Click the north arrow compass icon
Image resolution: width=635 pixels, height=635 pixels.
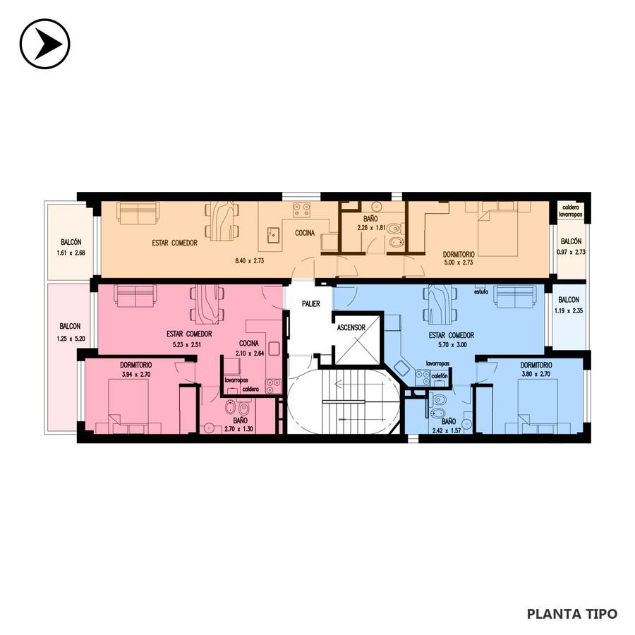[x=45, y=44]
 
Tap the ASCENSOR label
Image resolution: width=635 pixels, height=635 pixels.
[x=351, y=327]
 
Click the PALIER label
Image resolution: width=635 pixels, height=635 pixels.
[x=311, y=303]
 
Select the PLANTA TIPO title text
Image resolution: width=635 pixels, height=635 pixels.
[x=571, y=614]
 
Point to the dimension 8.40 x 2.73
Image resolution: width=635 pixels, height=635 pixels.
[x=250, y=261]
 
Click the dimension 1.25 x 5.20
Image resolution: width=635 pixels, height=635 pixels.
[x=71, y=339]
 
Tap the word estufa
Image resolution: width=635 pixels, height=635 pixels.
[x=481, y=291]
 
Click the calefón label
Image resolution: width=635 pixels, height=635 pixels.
[x=440, y=376]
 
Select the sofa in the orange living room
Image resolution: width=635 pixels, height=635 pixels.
[x=138, y=212]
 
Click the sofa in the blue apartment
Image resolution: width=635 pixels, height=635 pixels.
[x=515, y=296]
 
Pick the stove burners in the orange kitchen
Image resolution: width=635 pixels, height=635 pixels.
[x=302, y=210]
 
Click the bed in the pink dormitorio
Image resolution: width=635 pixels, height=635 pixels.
[x=128, y=406]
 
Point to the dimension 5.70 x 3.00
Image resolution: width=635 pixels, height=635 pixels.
[x=452, y=345]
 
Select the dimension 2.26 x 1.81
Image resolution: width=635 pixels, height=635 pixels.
[x=371, y=228]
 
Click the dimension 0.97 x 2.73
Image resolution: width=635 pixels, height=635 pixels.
[x=571, y=252]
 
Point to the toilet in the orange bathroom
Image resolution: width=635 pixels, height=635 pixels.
[x=394, y=229]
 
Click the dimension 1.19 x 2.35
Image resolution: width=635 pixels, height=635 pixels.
[x=569, y=311]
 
